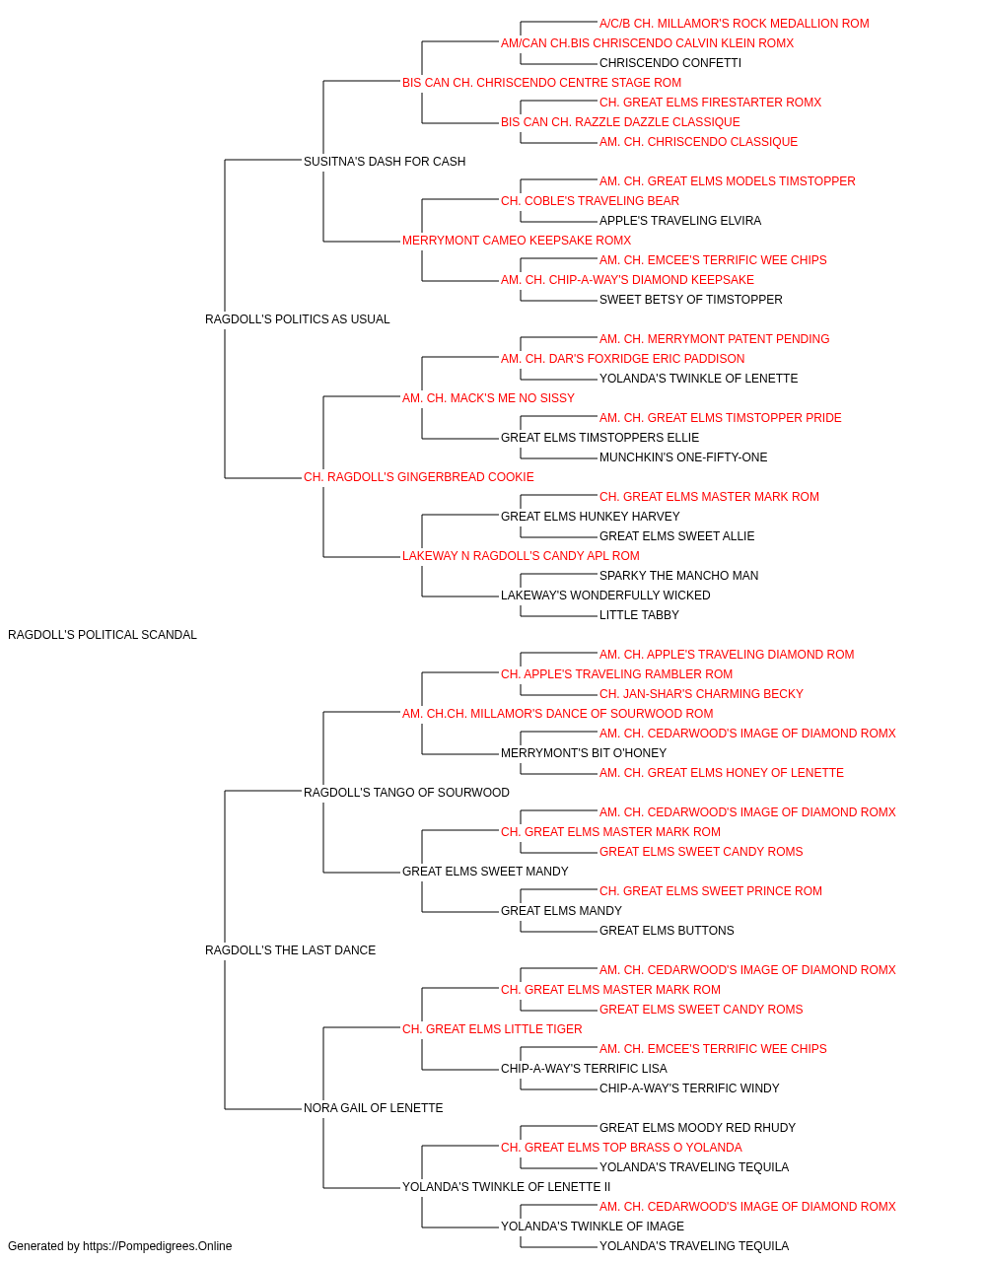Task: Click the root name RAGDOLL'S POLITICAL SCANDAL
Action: tap(103, 635)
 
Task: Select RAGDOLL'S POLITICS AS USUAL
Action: tap(298, 319)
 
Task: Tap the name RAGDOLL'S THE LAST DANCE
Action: tap(290, 950)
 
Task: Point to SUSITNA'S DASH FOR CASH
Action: tap(385, 162)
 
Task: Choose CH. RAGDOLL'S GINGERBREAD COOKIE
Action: tap(419, 477)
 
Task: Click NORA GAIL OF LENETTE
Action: tap(374, 1108)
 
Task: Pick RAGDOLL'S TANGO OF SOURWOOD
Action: tap(406, 793)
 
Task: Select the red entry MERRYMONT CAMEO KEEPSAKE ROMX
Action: tap(517, 241)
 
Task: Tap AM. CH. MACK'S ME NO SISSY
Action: tap(488, 398)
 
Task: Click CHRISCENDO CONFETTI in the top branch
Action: tap(670, 63)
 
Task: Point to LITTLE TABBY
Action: tap(639, 615)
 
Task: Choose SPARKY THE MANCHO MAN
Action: tap(678, 576)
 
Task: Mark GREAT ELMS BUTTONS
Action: tap(667, 931)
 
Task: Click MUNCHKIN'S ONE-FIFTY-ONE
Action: tap(683, 457)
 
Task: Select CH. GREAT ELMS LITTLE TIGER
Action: tap(492, 1029)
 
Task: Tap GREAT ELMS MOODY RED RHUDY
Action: tap(697, 1128)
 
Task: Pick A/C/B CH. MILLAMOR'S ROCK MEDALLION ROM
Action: tap(735, 24)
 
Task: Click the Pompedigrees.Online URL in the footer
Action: tap(158, 1246)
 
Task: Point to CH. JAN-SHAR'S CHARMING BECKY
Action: tap(701, 694)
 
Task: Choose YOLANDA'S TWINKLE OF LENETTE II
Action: tap(507, 1187)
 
